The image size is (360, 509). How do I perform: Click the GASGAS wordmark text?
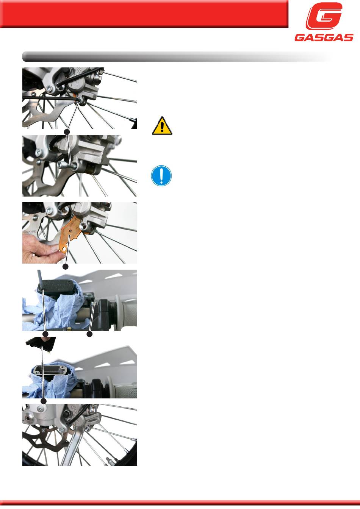pos(324,37)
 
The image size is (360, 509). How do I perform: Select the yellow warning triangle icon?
pos(162,126)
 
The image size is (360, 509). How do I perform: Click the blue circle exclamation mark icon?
pos(161,176)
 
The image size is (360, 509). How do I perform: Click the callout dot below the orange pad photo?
pos(66,267)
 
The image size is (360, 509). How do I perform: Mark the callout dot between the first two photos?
pos(67,132)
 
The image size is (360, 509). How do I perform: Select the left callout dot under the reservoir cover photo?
pos(46,334)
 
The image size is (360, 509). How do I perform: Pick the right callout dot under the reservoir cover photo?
pos(90,334)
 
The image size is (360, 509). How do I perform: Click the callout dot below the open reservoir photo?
pos(44,401)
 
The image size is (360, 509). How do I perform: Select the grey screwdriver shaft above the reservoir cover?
pos(39,276)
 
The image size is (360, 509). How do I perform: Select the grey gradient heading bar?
pos(177,56)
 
